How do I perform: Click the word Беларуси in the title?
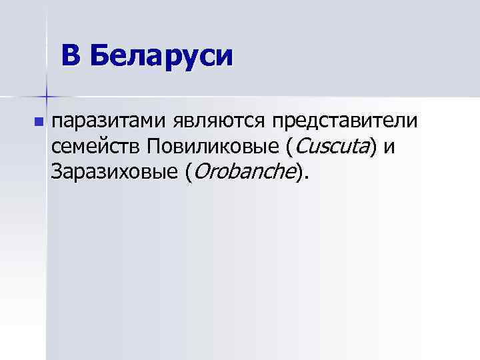tap(161, 56)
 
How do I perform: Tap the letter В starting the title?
tap(72, 56)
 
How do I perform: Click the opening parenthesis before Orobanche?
tap(189, 172)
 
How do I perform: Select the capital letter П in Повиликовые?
tap(155, 146)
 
